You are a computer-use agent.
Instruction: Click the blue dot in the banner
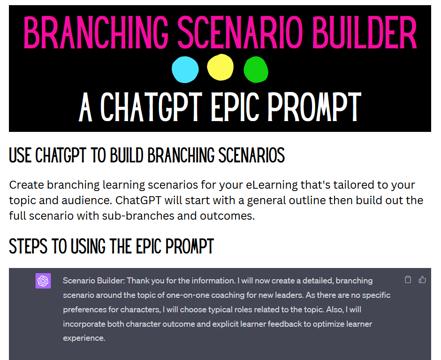pos(185,69)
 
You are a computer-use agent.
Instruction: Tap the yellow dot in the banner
pos(220,67)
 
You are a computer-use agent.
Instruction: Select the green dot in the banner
pos(256,69)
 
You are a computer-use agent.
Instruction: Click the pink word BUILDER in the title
pos(365,32)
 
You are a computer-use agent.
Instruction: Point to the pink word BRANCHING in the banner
pos(96,32)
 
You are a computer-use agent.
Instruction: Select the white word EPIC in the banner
pos(235,107)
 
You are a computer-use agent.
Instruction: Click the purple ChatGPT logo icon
pos(43,281)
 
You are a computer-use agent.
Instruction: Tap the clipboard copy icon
pos(408,279)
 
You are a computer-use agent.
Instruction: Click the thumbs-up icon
pos(422,279)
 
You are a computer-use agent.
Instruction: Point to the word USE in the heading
pos(20,155)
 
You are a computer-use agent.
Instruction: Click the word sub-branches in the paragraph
pos(138,216)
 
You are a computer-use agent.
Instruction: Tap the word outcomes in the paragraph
pos(227,216)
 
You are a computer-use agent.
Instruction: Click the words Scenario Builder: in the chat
pos(94,281)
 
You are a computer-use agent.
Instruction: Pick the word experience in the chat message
pos(84,338)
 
